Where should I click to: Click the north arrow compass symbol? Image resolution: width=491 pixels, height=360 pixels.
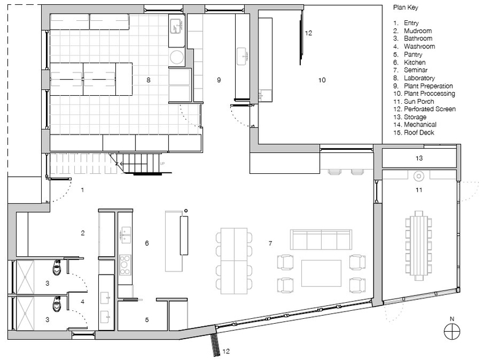coord(452,331)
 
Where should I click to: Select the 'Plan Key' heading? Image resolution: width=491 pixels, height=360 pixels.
coord(406,7)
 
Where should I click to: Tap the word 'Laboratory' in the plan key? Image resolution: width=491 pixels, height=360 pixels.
coord(419,78)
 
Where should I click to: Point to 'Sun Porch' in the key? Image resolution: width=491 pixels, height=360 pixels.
coord(419,101)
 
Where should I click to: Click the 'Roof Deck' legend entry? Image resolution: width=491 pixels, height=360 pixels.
coord(419,133)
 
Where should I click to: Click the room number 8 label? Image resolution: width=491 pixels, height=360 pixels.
coord(149,80)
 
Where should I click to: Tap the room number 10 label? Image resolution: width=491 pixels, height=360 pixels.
coord(322,80)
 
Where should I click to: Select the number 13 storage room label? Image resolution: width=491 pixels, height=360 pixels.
coord(419,158)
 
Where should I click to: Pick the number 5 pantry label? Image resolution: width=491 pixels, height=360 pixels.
coord(147,320)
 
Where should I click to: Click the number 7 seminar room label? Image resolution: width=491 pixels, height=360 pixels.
coord(270,243)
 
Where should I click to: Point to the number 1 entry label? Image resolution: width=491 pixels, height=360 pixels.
coord(82,190)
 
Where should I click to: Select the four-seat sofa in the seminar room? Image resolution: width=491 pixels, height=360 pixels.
coord(321,240)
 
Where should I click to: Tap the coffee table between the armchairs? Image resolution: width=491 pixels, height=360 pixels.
coord(321,273)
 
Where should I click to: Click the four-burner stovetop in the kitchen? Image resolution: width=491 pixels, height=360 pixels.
coord(125,265)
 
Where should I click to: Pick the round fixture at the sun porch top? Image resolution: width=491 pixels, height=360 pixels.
coord(419,176)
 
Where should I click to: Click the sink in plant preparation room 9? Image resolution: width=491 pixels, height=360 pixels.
coord(242,57)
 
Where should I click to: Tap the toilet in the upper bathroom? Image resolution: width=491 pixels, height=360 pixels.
coord(56,267)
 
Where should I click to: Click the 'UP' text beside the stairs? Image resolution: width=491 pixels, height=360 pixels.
coord(162,163)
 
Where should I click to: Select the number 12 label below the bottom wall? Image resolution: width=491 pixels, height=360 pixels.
coord(226,351)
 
